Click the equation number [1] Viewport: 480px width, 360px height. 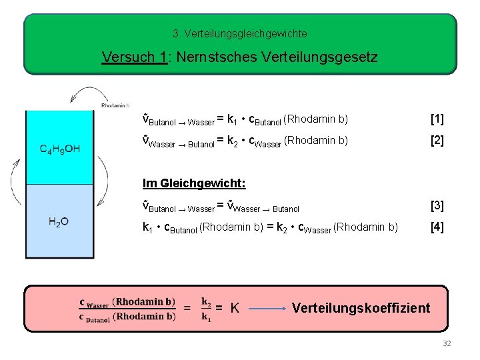(437, 120)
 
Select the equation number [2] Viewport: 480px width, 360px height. (437, 141)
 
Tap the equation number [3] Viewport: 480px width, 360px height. (437, 205)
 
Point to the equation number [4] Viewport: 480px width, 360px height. (437, 227)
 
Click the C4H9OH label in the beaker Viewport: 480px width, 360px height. (59, 149)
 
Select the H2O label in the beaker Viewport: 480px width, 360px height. (59, 222)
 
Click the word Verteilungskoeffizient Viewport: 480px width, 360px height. (361, 308)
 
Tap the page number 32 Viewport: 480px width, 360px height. (447, 343)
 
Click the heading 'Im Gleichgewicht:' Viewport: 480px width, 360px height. (185, 183)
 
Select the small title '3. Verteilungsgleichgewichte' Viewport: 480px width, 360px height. (239, 33)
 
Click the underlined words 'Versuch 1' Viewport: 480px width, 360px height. (133, 57)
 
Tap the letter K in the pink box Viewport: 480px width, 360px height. (235, 308)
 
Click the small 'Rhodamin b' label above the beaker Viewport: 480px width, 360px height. (115, 105)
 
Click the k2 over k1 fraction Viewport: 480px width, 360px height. (207, 309)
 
